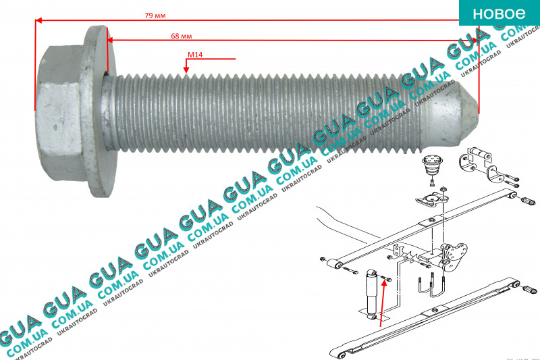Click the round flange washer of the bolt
[x=97, y=112]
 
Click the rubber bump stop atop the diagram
[x=429, y=165]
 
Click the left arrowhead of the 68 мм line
[x=111, y=40]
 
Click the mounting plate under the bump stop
[x=429, y=199]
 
